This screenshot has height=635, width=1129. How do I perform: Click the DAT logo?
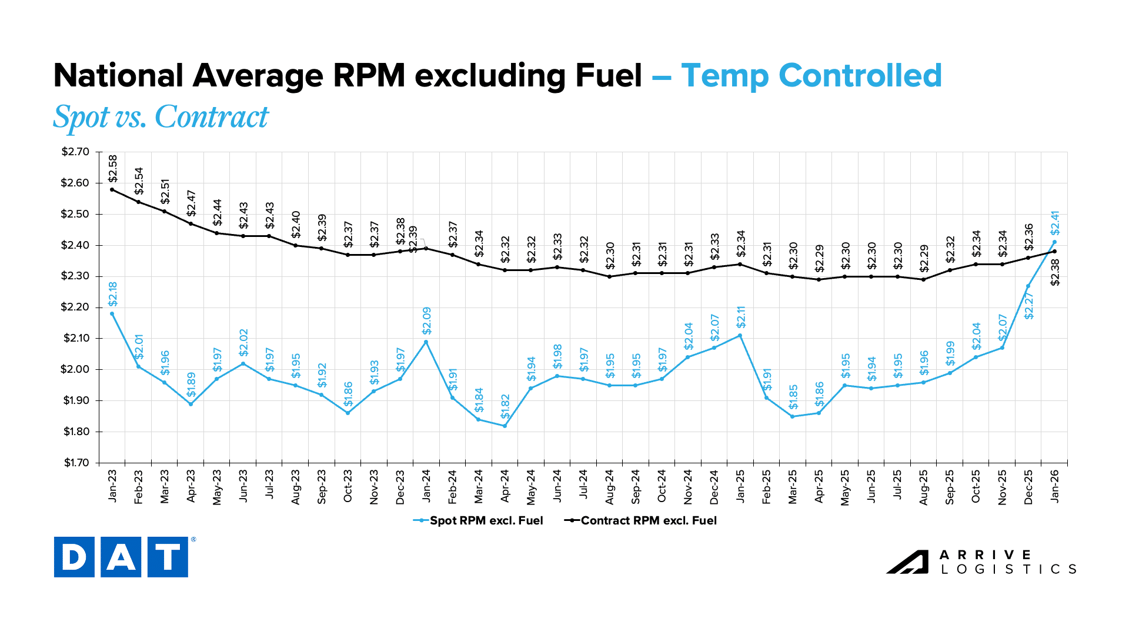pyautogui.click(x=121, y=556)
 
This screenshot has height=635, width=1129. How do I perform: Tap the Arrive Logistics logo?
pyautogui.click(x=981, y=562)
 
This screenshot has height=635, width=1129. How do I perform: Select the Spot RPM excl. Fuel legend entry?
pyautogui.click(x=478, y=520)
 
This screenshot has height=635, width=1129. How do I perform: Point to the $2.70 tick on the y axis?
pyautogui.click(x=75, y=152)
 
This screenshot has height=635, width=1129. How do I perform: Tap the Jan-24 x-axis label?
pyautogui.click(x=426, y=486)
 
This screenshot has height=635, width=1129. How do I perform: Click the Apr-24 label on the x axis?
pyautogui.click(x=505, y=486)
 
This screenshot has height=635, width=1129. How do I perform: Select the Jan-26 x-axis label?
pyautogui.click(x=1055, y=486)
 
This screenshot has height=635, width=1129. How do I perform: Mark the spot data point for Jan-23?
pyautogui.click(x=112, y=313)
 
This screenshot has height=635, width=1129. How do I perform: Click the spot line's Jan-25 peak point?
pyautogui.click(x=740, y=335)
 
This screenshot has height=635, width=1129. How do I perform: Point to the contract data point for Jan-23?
pyautogui.click(x=112, y=189)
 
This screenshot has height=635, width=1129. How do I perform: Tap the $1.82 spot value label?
pyautogui.click(x=505, y=406)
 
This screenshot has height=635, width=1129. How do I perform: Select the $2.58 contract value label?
pyautogui.click(x=113, y=168)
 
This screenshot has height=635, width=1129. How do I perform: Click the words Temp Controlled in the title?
pyautogui.click(x=811, y=76)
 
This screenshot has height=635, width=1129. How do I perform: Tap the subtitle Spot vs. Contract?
pyautogui.click(x=161, y=117)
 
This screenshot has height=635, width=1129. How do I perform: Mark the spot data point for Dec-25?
pyautogui.click(x=1028, y=286)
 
